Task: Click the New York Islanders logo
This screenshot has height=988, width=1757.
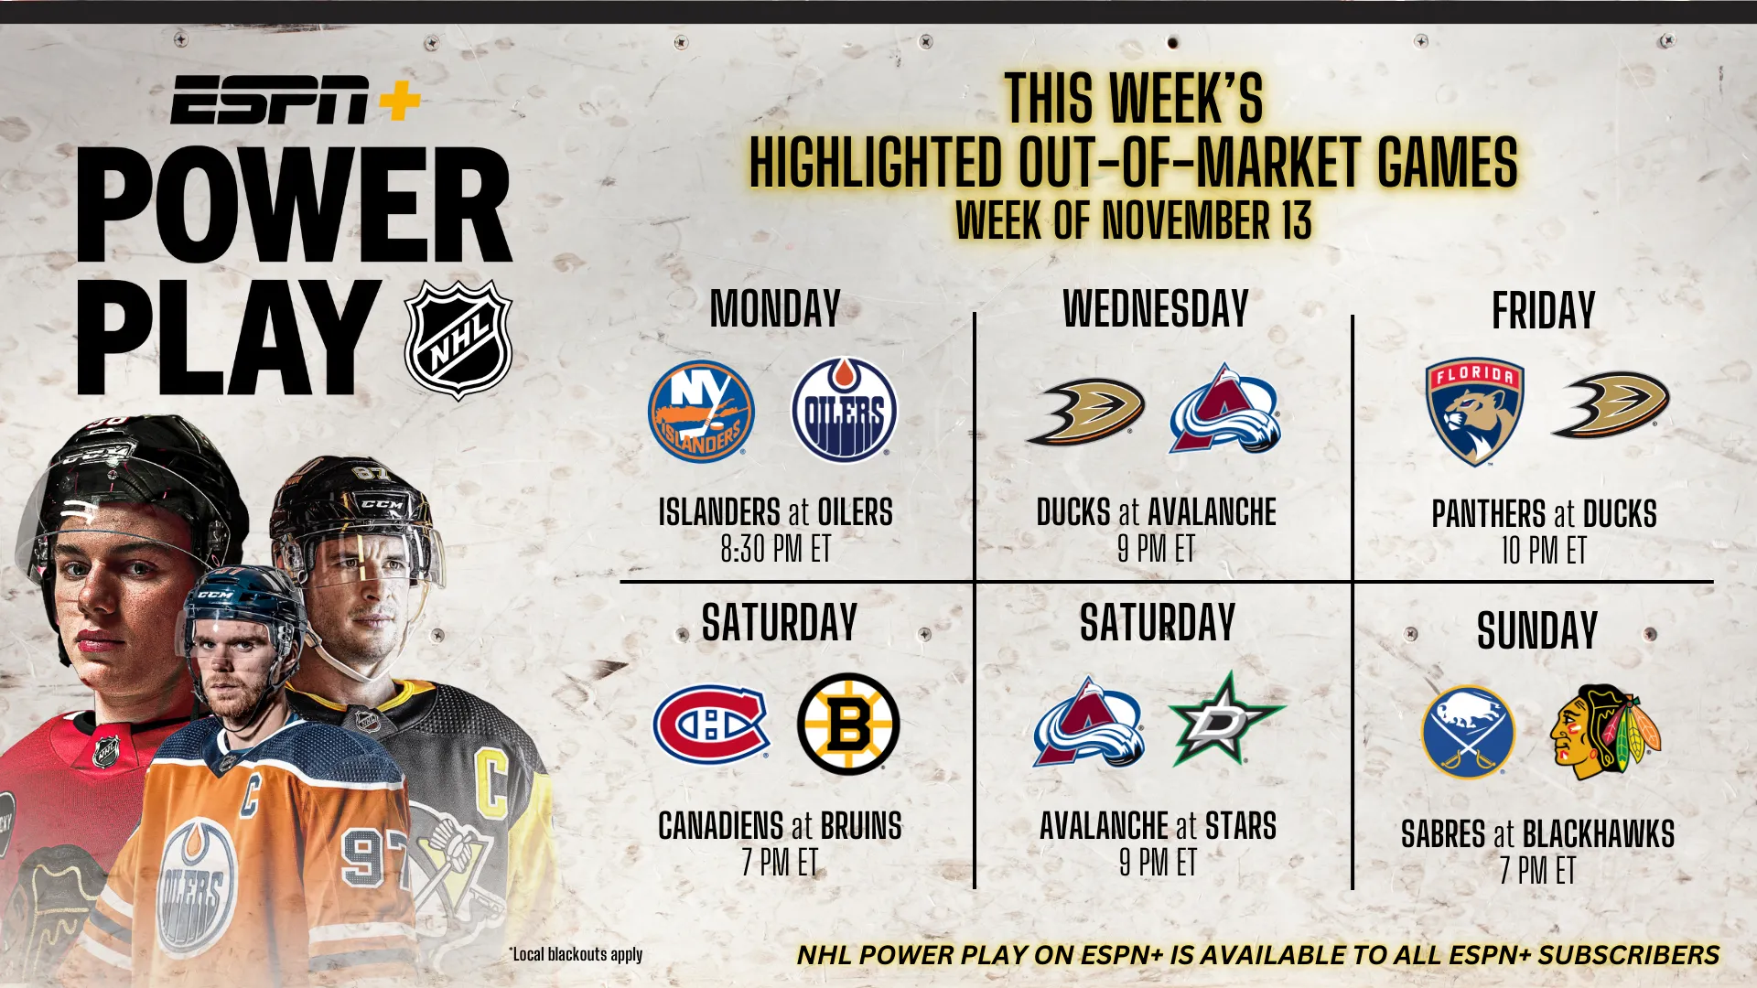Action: pos(702,411)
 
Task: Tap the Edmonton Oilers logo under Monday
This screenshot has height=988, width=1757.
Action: pos(845,409)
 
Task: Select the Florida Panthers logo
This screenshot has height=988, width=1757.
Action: pos(1474,411)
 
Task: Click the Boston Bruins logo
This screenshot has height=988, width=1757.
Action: pos(848,724)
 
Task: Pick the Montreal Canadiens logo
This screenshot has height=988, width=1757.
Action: pos(711,723)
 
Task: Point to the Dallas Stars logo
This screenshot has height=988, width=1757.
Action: pos(1226,719)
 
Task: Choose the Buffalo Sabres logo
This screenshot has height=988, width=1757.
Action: pos(1468,732)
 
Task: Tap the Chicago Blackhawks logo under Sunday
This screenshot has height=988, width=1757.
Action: pos(1605,732)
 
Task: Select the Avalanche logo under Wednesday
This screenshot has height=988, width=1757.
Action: pos(1225,409)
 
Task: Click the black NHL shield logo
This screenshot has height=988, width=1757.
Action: pos(458,339)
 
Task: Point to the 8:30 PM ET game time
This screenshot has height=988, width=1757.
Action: pos(775,549)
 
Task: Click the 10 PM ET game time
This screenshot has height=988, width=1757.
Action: pos(1544,551)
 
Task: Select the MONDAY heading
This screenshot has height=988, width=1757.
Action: pos(775,309)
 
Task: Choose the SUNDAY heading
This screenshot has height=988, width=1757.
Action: pos(1537,630)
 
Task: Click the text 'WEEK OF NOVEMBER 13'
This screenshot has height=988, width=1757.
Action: pos(1134,220)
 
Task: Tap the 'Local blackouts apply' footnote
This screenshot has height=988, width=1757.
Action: pos(576,954)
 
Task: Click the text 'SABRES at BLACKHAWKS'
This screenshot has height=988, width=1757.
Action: pos(1538,834)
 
